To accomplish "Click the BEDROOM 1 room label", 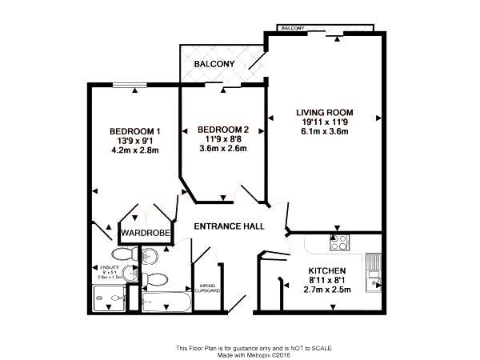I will (135, 132).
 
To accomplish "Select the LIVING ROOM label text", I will (324, 112).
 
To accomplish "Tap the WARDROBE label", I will (142, 234).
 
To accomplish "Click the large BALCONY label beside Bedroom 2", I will (214, 63).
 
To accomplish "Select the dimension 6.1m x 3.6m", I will (324, 131).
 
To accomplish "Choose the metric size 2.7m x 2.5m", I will (326, 291).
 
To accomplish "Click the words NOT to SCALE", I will (310, 348).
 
